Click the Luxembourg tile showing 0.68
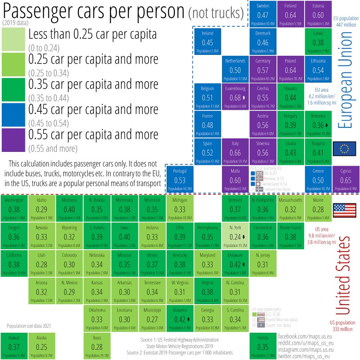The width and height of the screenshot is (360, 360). point(235,95)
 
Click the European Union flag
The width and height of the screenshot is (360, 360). point(344,149)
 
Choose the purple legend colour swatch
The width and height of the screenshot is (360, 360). point(13,138)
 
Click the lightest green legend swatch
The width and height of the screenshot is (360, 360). point(13,38)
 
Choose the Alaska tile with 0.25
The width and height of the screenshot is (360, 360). point(42,346)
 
